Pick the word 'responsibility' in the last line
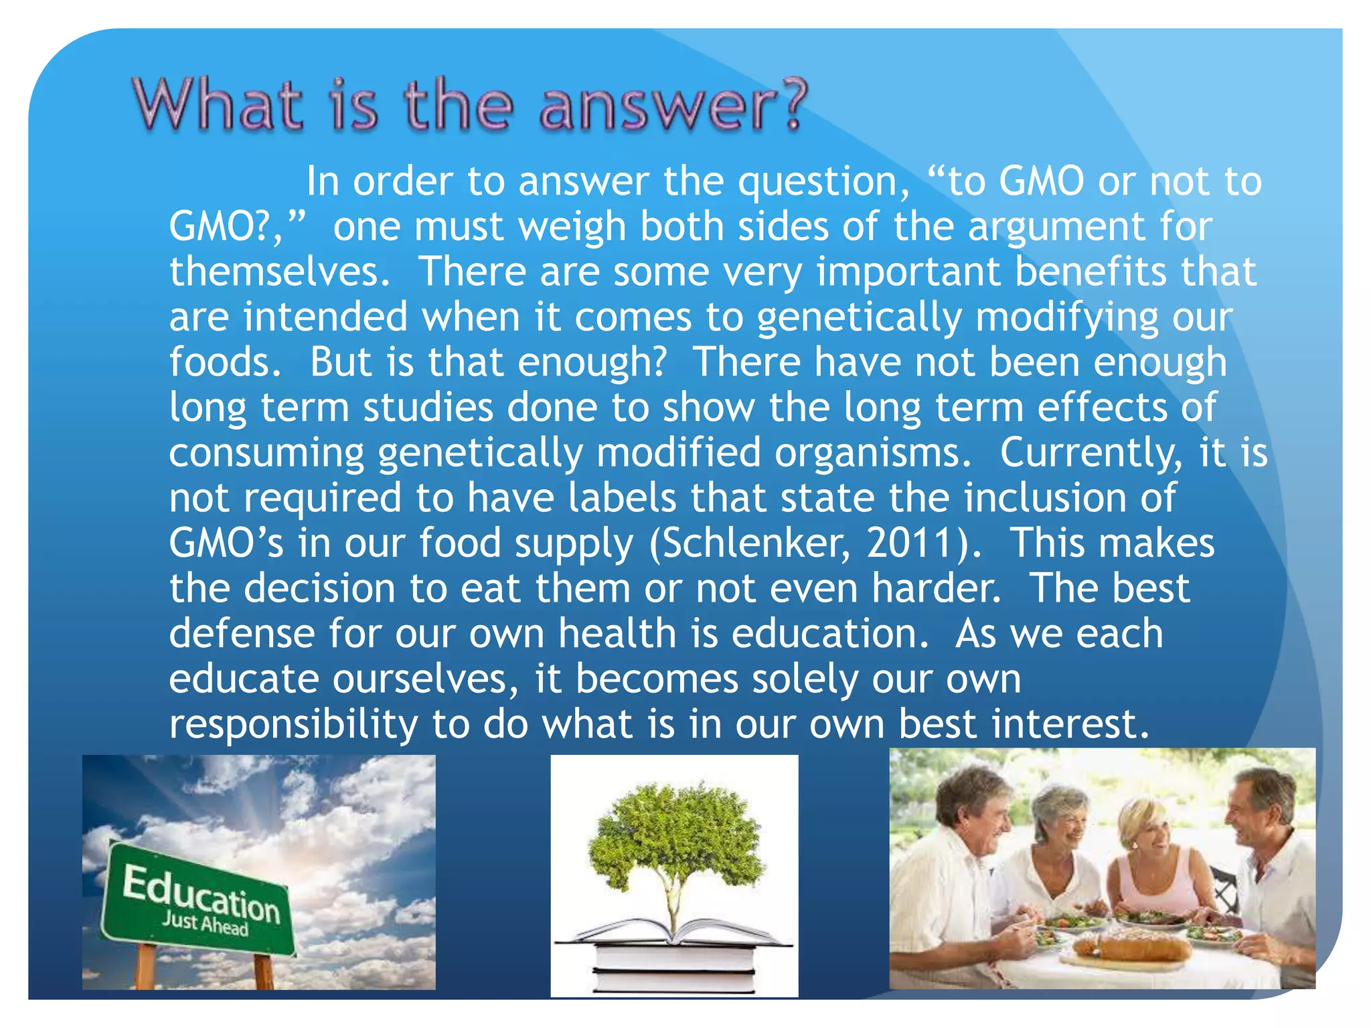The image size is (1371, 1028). pyautogui.click(x=293, y=725)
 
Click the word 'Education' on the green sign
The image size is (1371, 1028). pyautogui.click(x=201, y=894)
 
